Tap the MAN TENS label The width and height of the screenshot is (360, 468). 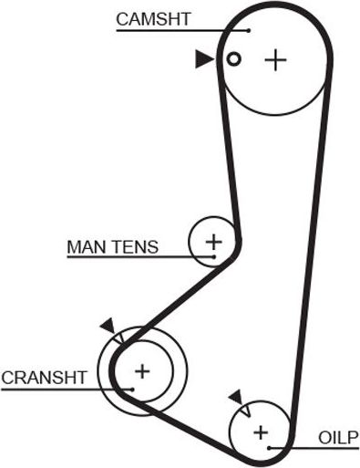(x=113, y=246)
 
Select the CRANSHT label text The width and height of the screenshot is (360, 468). (x=44, y=377)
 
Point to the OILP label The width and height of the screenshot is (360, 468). (x=339, y=435)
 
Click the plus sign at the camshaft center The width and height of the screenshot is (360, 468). (x=274, y=60)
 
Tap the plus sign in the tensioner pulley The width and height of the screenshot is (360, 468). (x=213, y=242)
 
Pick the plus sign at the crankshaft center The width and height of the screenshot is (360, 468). (x=141, y=370)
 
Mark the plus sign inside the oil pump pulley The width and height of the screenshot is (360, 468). (x=262, y=432)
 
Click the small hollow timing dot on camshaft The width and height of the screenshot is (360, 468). (x=233, y=59)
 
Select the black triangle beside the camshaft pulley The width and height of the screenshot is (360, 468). (x=203, y=59)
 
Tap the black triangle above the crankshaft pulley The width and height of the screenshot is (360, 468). (x=108, y=325)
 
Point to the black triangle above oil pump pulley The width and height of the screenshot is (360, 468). (x=236, y=396)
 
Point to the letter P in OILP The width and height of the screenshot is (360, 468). (x=355, y=435)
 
